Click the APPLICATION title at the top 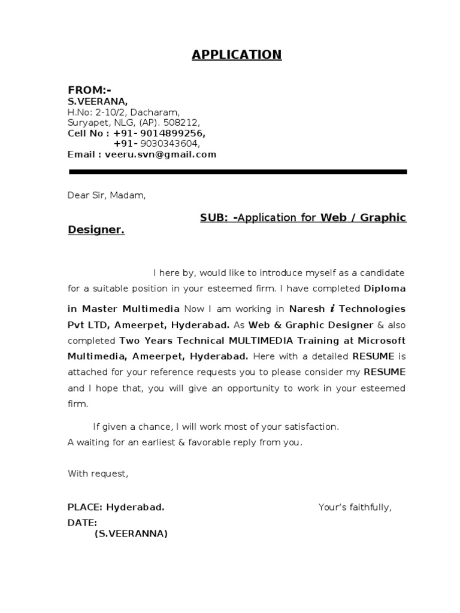point(236,55)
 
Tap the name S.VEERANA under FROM point(97,102)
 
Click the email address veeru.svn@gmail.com point(160,154)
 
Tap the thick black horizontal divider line point(238,172)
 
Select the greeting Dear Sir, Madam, point(106,195)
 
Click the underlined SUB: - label point(218,217)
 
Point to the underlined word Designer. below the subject point(96,230)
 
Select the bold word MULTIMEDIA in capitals point(261,340)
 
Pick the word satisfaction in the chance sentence point(308,427)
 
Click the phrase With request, point(98,474)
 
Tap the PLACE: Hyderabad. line point(116,508)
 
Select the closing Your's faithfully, point(355,508)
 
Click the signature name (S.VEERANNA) point(131,533)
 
